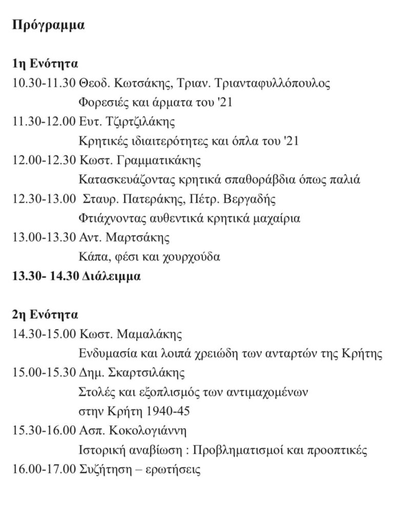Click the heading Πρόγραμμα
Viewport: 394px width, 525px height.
point(49,26)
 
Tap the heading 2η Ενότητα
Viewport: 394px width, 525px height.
point(45,315)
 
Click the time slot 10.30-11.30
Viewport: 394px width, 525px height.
point(45,83)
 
